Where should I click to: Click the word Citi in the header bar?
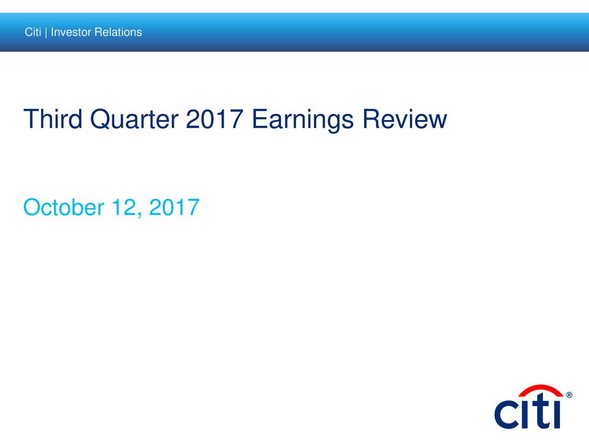coord(33,32)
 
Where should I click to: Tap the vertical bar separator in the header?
coord(46,33)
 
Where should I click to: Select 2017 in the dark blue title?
coord(214,119)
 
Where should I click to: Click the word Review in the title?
coord(404,119)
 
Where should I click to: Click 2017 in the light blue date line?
coord(174,208)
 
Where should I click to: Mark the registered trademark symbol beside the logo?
coord(569,395)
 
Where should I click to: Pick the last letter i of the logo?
coord(557,414)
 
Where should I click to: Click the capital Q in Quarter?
coord(104,119)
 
